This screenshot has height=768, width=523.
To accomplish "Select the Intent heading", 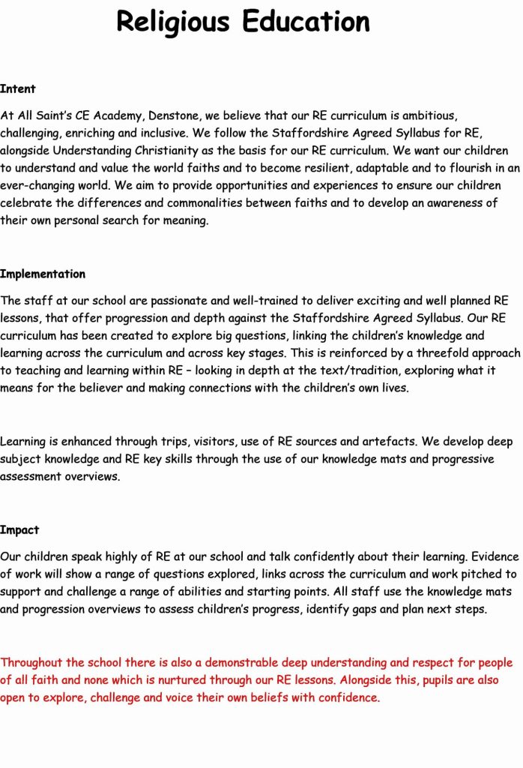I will (18, 88).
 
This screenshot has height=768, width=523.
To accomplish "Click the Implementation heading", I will (43, 274).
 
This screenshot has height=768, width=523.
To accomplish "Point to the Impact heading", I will (19, 529).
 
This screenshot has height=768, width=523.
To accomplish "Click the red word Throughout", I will (33, 662).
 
